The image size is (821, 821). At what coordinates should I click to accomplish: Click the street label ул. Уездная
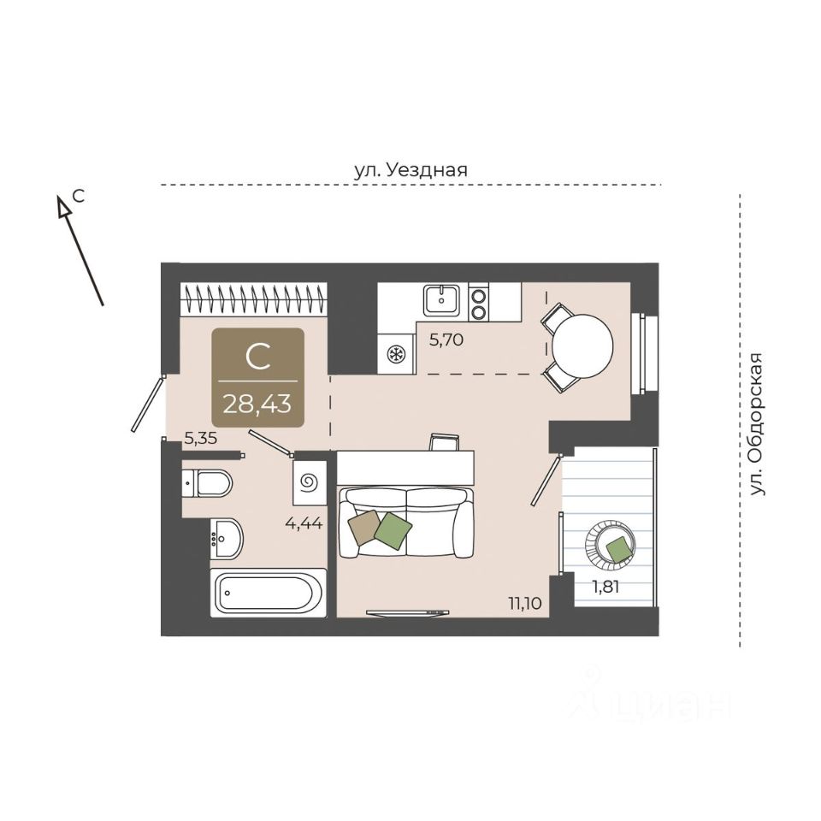[x=410, y=169]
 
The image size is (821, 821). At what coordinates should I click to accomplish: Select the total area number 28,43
[x=257, y=402]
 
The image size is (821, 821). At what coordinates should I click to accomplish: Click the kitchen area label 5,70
[x=446, y=339]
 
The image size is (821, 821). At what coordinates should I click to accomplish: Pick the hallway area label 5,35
[x=202, y=440]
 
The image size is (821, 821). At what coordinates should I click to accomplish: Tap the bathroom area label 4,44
[x=304, y=523]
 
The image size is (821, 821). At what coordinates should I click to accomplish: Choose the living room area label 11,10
[x=525, y=603]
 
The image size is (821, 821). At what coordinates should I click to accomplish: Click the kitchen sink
[x=441, y=299]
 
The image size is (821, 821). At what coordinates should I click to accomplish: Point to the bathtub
[x=269, y=590]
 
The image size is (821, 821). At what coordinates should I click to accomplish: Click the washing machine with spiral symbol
[x=310, y=483]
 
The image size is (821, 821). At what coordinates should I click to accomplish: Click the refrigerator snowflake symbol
[x=397, y=354]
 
